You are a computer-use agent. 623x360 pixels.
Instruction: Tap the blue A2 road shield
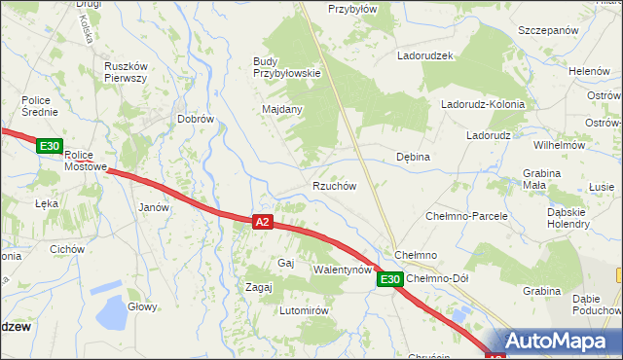point(262,222)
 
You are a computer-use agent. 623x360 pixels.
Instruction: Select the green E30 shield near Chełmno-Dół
point(389,279)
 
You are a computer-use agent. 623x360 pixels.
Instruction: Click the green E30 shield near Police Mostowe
point(50,146)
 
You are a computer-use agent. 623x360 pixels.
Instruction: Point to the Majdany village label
point(282,109)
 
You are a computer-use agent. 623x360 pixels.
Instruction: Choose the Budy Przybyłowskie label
point(286,66)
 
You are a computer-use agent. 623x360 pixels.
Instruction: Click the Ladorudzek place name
point(425,55)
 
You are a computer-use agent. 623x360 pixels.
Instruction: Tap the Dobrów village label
point(195,119)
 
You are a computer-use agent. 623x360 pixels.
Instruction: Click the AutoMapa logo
point(556,342)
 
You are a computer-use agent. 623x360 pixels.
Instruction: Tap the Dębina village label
point(413,156)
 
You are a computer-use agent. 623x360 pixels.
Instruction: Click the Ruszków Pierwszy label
point(125,72)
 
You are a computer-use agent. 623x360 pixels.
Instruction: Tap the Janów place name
point(154,207)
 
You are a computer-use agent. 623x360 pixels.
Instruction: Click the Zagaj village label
point(258,287)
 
